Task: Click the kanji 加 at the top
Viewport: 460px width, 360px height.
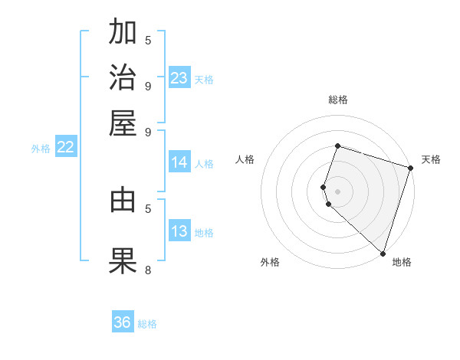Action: [123, 33]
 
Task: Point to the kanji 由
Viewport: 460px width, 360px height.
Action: [123, 200]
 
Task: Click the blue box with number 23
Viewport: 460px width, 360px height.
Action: [179, 78]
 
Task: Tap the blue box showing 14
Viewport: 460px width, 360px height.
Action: [179, 162]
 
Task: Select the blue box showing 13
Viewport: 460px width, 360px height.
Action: [179, 232]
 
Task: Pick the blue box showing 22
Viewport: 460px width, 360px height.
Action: [65, 148]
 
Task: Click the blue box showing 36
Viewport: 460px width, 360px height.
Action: [123, 322]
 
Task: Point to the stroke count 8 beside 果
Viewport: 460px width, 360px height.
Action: [148, 270]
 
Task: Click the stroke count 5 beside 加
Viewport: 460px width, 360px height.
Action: [148, 40]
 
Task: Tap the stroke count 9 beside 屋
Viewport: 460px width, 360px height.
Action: [148, 131]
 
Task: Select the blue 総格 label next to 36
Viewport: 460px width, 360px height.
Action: [147, 324]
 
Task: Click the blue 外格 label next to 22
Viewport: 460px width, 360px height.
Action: [41, 149]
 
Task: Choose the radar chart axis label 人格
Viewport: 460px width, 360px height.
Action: [245, 159]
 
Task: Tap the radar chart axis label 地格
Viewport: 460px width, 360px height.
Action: [402, 262]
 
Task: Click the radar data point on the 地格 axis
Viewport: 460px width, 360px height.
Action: [383, 253]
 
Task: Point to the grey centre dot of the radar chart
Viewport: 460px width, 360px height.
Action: [337, 191]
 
